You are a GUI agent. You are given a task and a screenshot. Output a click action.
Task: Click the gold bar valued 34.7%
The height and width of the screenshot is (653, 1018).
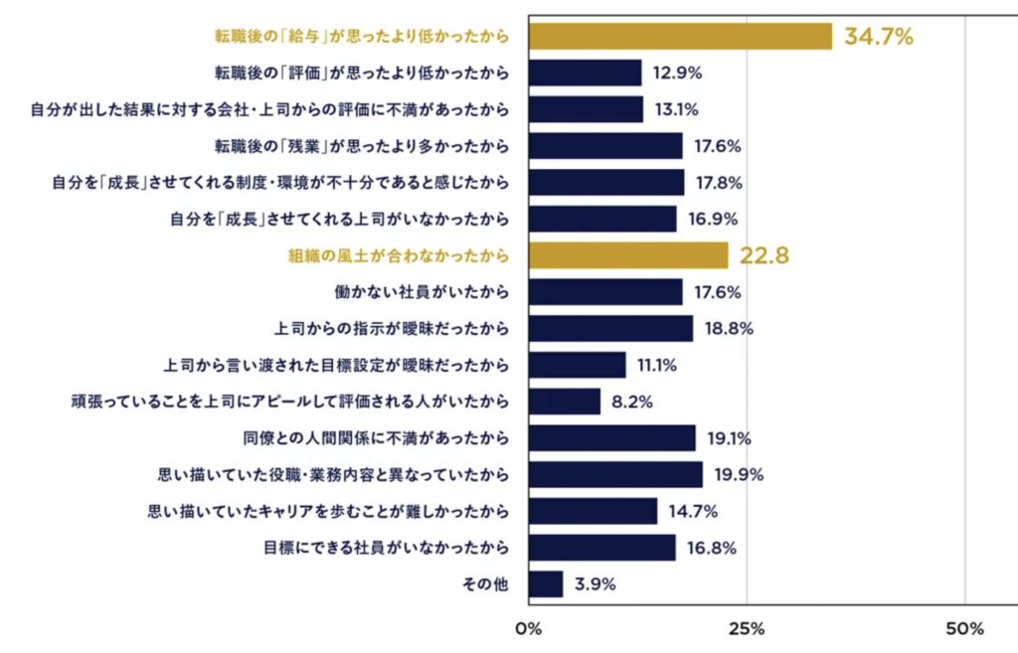coord(680,37)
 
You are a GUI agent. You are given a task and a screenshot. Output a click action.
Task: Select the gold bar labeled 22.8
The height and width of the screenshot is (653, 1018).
coord(628,255)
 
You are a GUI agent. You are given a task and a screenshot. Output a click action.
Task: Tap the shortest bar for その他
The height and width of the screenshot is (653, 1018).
coord(546,583)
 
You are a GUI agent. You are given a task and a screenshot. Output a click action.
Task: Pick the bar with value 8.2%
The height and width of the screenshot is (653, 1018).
coord(565,402)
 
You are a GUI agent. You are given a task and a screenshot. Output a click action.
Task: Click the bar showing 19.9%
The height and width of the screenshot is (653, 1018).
coord(615,474)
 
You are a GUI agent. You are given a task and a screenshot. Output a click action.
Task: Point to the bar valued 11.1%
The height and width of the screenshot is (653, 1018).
coord(578,365)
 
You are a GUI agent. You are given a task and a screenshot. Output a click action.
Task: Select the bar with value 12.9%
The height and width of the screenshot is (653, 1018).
coord(586,73)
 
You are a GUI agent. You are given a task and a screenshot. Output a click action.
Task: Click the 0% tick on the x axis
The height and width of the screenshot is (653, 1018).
coord(528,629)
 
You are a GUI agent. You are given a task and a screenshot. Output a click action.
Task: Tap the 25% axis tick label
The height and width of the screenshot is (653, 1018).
coord(747,629)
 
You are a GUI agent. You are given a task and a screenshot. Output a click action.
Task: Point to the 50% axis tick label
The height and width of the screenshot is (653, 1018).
coord(964,629)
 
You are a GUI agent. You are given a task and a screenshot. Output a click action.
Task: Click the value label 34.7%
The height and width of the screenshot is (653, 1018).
coord(879,38)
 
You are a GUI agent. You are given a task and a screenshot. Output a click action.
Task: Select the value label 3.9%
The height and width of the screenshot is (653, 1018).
coord(594,584)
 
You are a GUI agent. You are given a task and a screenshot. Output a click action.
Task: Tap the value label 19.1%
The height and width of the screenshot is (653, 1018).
coord(730,438)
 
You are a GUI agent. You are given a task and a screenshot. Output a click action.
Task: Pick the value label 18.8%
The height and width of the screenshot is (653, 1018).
coord(728,329)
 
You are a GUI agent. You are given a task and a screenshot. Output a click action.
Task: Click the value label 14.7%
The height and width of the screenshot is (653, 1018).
coord(692,511)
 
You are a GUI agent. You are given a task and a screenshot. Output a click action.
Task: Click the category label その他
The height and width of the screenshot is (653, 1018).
coord(485,584)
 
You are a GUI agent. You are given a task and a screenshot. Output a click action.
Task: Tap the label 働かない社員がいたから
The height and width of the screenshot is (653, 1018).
coord(422,292)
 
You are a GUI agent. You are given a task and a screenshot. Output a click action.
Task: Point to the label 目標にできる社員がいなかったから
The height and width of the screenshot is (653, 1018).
coord(386,548)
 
